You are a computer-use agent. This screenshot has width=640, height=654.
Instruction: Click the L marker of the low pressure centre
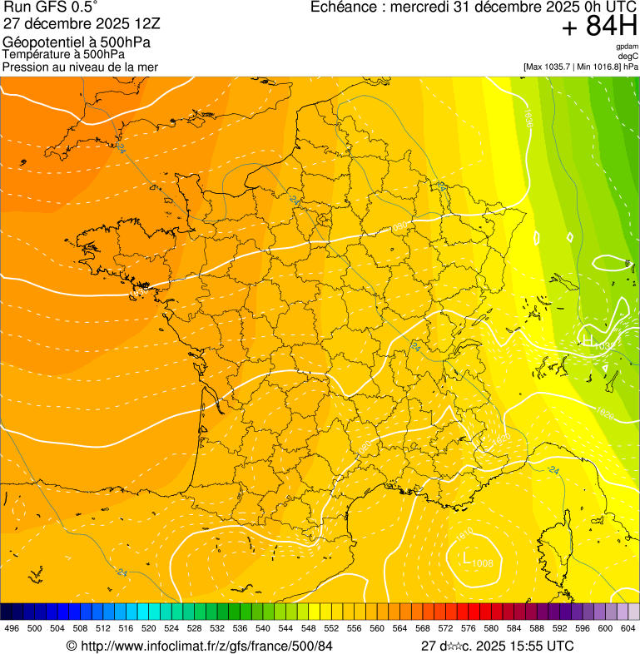click(466, 557)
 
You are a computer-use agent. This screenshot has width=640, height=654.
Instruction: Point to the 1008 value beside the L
click(482, 564)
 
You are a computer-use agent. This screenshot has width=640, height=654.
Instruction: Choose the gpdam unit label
click(627, 47)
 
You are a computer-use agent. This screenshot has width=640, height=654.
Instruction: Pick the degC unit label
click(628, 56)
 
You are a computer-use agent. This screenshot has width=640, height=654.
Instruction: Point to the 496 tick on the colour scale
click(12, 628)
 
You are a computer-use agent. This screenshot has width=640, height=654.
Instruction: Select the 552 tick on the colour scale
click(330, 628)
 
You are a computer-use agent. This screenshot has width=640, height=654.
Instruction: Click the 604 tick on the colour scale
click(628, 628)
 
